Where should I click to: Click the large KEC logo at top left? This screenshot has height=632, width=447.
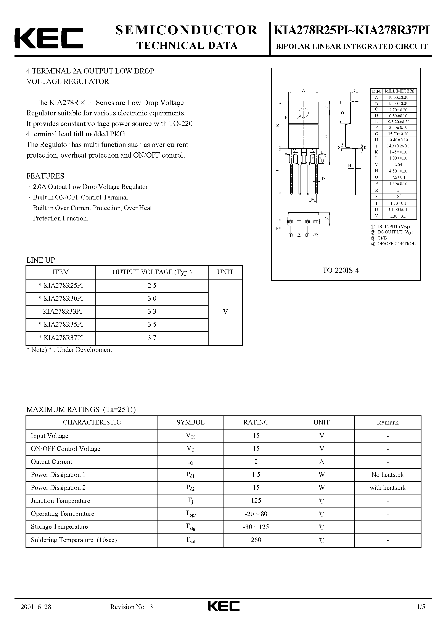point(48,38)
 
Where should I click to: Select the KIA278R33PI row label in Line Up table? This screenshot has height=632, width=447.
point(62,312)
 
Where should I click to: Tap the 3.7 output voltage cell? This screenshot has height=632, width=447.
point(152,338)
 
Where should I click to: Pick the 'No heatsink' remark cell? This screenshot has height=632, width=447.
point(387,475)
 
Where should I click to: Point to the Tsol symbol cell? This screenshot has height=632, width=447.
point(190,540)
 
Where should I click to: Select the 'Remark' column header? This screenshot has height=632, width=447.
point(387,423)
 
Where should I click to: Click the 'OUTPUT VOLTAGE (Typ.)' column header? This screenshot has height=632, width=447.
point(152,272)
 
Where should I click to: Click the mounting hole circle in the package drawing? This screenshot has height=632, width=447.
point(303,113)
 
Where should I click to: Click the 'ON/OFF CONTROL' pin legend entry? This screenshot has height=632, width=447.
point(396,244)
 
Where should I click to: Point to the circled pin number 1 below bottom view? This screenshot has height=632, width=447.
point(291,235)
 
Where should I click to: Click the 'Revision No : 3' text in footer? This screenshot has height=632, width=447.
point(132,615)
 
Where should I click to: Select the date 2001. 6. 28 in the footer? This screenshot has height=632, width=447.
point(36,615)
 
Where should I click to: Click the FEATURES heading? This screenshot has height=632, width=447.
point(45,176)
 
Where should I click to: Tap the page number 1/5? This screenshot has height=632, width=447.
point(421,615)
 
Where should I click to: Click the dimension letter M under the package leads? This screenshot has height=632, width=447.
point(313,199)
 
